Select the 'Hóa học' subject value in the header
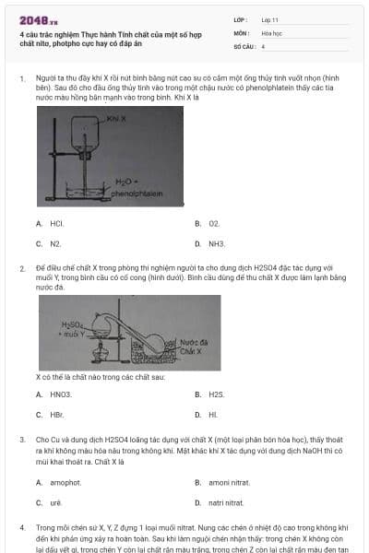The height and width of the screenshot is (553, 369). point(271,32)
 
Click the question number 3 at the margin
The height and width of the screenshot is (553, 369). point(22,440)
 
